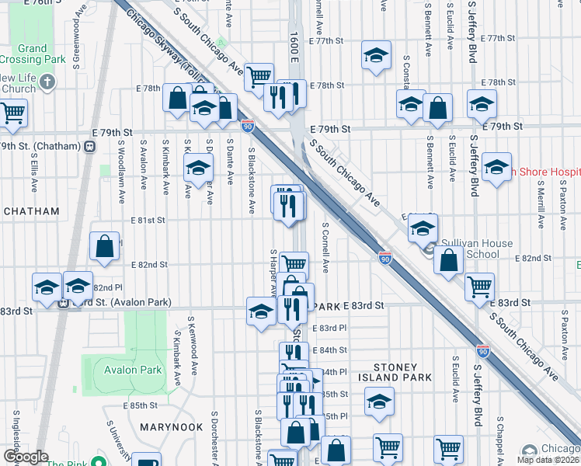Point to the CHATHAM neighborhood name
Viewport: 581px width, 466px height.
click(30, 211)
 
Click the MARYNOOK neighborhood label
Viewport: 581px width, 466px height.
click(171, 427)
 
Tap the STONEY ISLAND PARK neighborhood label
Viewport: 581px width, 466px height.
click(402, 372)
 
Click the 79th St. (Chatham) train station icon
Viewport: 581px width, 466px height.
click(90, 146)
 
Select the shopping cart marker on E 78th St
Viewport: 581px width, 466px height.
click(259, 75)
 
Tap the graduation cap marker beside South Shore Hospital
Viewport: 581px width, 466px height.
click(496, 165)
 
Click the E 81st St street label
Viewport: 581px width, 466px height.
click(150, 221)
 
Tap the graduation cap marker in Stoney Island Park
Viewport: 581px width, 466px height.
click(379, 402)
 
